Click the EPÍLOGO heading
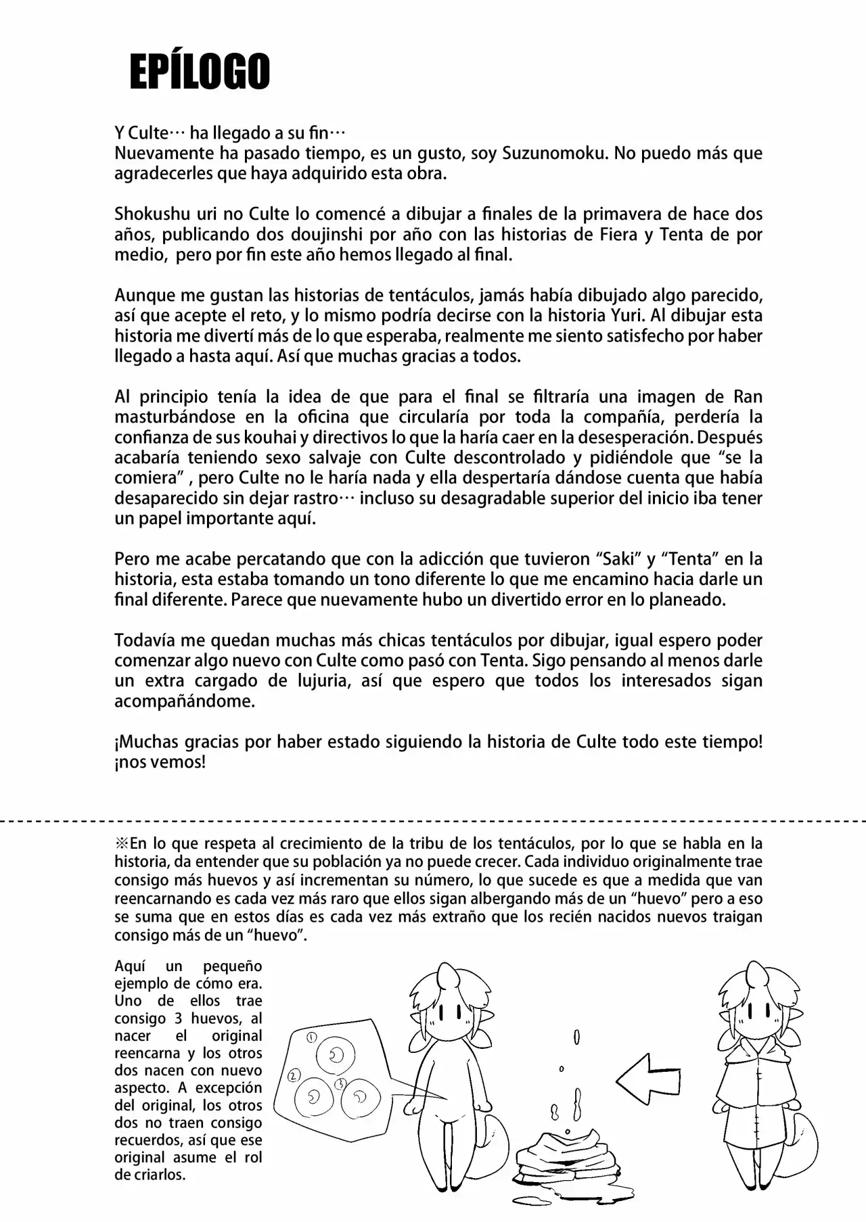coord(200,72)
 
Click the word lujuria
coord(321,681)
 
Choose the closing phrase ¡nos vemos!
coord(160,762)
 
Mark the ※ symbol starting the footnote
coord(122,844)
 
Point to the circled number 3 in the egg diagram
coord(341,1083)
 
